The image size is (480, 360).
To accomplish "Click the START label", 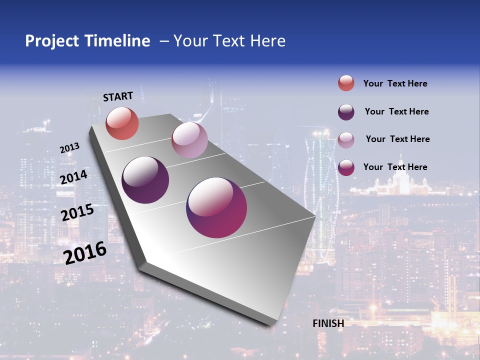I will pyautogui.click(x=118, y=96).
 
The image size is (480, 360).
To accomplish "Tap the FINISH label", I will pyautogui.click(x=328, y=323).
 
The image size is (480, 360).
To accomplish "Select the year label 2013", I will pyautogui.click(x=70, y=148).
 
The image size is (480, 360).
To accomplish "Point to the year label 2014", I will pyautogui.click(x=74, y=177).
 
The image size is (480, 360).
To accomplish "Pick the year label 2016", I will pyautogui.click(x=85, y=253).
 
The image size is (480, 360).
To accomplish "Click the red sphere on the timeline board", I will pyautogui.click(x=122, y=123).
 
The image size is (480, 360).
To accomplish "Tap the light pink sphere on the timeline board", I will pyautogui.click(x=189, y=140).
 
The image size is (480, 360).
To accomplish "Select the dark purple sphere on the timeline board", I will pyautogui.click(x=145, y=180).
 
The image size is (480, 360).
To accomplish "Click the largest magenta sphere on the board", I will pyautogui.click(x=216, y=207).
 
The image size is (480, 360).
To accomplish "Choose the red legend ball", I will pyautogui.click(x=346, y=83).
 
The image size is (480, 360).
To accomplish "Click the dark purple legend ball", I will pyautogui.click(x=346, y=112).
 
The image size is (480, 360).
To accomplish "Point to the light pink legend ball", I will pyautogui.click(x=346, y=140).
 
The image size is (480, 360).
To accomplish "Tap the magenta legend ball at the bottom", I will pyautogui.click(x=346, y=167).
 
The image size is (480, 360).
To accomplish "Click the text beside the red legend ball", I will pyautogui.click(x=395, y=84).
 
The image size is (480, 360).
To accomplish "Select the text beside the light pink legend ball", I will pyautogui.click(x=397, y=139).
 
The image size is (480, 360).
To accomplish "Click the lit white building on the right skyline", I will pyautogui.click(x=395, y=185).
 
